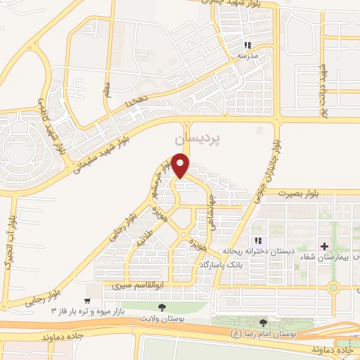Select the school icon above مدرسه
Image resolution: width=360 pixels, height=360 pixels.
point(247,44)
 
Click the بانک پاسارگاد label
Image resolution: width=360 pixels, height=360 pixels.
point(221,263)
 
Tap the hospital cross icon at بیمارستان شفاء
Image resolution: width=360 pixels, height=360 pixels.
point(323,246)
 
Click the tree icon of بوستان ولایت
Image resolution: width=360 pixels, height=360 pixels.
point(162,308)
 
